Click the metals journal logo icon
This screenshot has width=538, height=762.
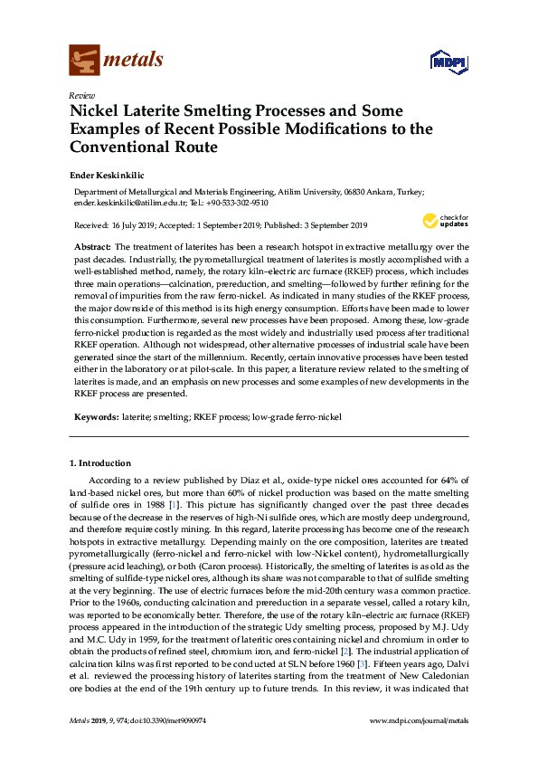(84, 61)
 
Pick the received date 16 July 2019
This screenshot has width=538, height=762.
(134, 224)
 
